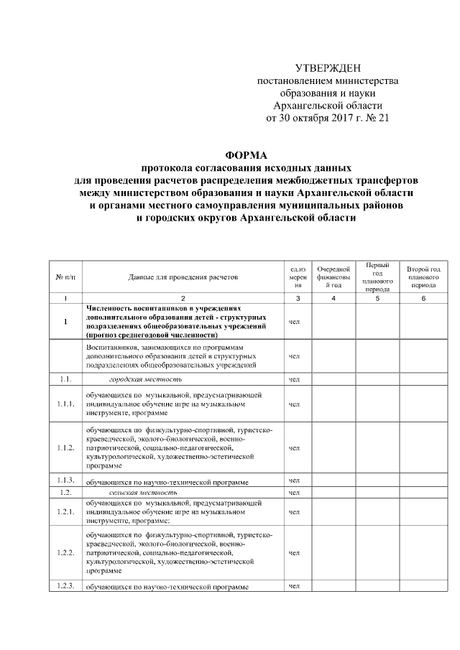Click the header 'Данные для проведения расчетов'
point(183,277)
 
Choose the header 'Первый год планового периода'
point(377,277)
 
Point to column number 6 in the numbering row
point(423,297)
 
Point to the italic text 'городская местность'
point(145,379)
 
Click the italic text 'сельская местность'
point(143,493)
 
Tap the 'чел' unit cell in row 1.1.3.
point(293,480)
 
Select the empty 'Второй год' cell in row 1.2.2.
point(423,553)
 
